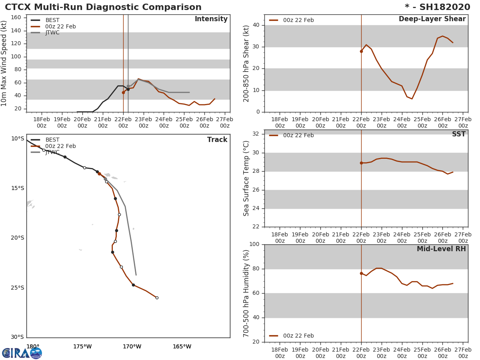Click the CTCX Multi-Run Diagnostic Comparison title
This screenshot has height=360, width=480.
coord(103,7)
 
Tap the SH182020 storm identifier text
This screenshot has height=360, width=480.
coord(444,7)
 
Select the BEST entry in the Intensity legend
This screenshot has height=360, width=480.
coord(52,20)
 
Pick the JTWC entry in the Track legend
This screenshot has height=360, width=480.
coord(52,152)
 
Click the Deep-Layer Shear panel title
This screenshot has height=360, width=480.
coord(432,19)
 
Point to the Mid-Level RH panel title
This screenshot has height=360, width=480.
coord(441,249)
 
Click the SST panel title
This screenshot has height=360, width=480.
coord(458,134)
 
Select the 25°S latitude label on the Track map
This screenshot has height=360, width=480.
coord(18,288)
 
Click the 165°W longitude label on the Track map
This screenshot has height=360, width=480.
coord(182,346)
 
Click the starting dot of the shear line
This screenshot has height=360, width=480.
coord(361,51)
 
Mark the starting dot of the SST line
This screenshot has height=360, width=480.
coord(361,163)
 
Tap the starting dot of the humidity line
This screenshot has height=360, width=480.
coord(361,273)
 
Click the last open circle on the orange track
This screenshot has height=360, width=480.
coord(157,298)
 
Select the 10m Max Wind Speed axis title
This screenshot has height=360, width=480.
coord(4,63)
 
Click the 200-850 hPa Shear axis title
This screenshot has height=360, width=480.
coord(247,63)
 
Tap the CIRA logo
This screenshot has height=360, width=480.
coord(22,353)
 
